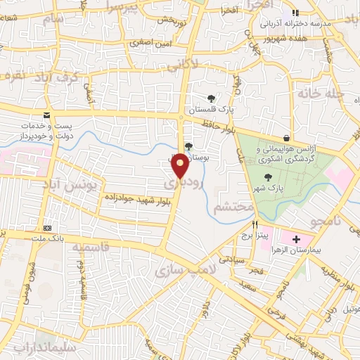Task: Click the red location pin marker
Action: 181,166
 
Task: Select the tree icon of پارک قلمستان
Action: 211,98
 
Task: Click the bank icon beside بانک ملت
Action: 48,228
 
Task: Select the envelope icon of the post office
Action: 46,115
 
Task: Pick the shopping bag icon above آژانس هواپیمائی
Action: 286,138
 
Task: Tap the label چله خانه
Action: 319,94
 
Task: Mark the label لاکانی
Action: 203,65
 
